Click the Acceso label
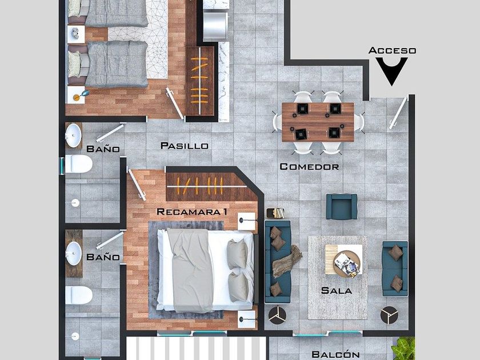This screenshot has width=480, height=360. [x=392, y=50]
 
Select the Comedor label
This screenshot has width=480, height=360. [x=310, y=166]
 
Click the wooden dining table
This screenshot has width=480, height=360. [x=318, y=122]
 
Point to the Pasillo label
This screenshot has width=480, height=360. [x=185, y=146]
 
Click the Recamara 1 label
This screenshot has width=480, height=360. [x=192, y=212]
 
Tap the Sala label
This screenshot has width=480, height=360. [x=337, y=290]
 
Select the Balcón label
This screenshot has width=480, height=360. [x=335, y=354]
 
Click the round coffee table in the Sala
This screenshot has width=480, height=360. [x=347, y=264]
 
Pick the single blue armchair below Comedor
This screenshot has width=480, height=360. [x=342, y=207]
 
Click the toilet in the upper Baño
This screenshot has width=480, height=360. [x=79, y=164]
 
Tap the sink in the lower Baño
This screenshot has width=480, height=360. [x=74, y=253]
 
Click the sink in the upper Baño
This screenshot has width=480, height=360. [x=74, y=135]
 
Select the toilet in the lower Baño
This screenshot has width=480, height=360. [x=79, y=295]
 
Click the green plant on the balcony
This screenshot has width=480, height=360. [x=404, y=349]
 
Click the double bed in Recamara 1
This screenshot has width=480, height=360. [x=206, y=271]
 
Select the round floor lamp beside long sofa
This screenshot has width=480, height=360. [x=277, y=315]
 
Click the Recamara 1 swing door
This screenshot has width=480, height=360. [x=137, y=185]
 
